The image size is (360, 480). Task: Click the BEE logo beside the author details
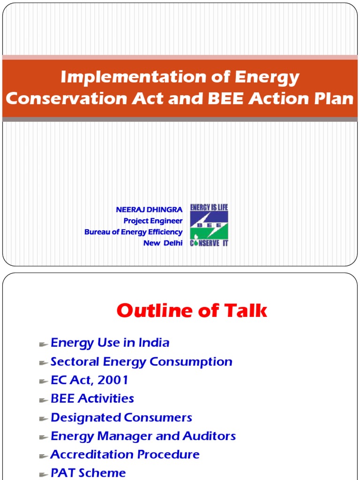209,225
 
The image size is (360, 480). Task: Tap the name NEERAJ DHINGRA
149,210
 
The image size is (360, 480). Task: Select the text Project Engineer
153,221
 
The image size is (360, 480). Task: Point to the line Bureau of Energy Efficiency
134,232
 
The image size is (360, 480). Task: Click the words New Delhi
163,243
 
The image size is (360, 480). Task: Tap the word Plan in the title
336,98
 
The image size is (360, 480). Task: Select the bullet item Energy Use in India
110,343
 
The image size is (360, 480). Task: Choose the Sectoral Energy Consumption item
142,361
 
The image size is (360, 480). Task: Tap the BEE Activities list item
92,398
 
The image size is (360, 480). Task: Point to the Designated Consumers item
121,418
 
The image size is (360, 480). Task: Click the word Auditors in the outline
209,436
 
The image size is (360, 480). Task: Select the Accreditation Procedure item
125,454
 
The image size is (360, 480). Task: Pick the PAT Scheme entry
88,473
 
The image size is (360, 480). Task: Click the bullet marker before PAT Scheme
44,475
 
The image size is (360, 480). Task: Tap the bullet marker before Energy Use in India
44,345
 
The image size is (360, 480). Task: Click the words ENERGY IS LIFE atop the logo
209,207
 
